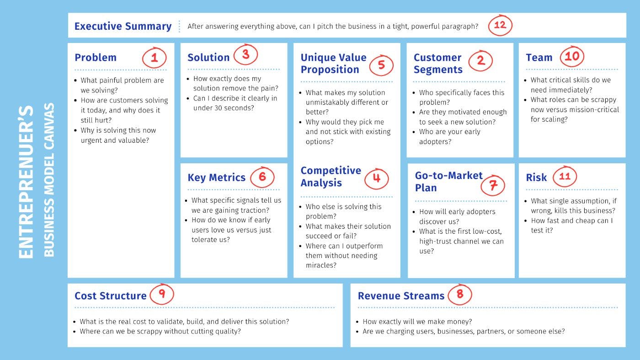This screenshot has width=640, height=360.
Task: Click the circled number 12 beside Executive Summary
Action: click(x=500, y=25)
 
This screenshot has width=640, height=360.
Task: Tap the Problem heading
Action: click(x=96, y=58)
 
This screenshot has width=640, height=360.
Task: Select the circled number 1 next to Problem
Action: click(x=155, y=58)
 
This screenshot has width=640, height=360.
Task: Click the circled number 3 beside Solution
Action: click(x=246, y=54)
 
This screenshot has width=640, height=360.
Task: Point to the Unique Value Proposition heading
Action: click(x=333, y=64)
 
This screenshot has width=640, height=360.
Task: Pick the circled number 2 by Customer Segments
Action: click(x=480, y=61)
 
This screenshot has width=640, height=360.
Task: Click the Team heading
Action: click(x=539, y=58)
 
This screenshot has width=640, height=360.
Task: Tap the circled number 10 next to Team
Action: click(x=572, y=56)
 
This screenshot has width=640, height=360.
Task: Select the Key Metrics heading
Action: click(x=216, y=177)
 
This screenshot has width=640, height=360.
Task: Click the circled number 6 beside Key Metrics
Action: click(x=262, y=177)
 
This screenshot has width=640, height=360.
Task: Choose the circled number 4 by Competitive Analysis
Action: click(x=377, y=179)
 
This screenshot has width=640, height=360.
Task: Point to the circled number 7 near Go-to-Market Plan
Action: click(x=493, y=185)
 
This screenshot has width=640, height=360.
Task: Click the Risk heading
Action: click(x=536, y=177)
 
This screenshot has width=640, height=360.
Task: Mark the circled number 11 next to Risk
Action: click(x=565, y=177)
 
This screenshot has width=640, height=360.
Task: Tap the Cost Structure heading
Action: click(x=110, y=296)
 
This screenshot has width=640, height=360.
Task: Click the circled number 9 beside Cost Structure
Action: click(x=162, y=294)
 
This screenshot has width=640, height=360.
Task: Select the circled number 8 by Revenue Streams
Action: click(x=460, y=294)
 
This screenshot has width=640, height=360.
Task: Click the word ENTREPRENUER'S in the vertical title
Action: click(x=26, y=182)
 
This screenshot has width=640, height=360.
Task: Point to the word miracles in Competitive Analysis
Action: click(x=321, y=265)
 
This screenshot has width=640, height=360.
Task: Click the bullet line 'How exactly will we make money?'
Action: click(x=417, y=322)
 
